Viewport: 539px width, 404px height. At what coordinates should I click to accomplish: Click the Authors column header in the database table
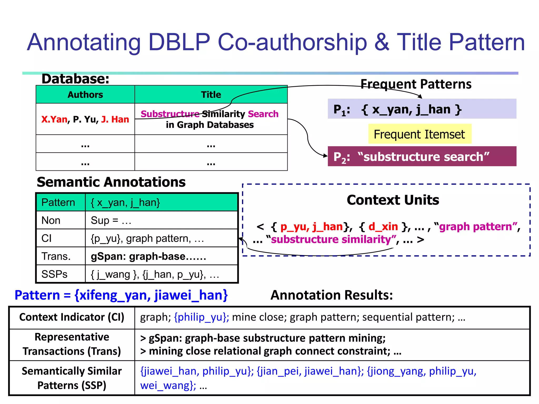click(x=85, y=95)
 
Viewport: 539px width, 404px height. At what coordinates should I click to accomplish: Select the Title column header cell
click(x=211, y=95)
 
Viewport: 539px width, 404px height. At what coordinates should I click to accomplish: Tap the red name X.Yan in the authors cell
click(x=54, y=119)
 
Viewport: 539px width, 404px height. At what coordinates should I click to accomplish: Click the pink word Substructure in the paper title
click(x=170, y=114)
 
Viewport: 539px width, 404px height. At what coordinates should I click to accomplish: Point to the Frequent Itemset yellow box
click(x=420, y=134)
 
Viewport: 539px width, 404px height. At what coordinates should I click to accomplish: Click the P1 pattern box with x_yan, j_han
click(x=422, y=109)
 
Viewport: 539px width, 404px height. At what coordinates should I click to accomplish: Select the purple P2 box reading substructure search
click(x=422, y=157)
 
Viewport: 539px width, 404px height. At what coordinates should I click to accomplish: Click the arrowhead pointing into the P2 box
click(x=325, y=155)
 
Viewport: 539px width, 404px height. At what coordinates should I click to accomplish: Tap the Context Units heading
click(x=393, y=200)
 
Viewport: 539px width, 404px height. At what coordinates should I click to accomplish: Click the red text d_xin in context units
click(x=383, y=226)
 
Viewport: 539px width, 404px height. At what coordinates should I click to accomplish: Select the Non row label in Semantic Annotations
click(x=51, y=220)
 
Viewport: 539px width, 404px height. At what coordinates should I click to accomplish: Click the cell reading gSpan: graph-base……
click(x=148, y=256)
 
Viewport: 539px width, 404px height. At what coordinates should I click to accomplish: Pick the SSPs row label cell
click(x=54, y=274)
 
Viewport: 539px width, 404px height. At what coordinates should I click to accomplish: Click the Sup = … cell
click(x=111, y=220)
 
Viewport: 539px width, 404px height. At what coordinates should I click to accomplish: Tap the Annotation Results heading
click(x=331, y=295)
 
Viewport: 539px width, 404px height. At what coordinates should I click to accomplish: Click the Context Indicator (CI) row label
click(x=72, y=317)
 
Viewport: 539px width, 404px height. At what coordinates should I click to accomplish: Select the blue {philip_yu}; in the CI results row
click(x=201, y=317)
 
